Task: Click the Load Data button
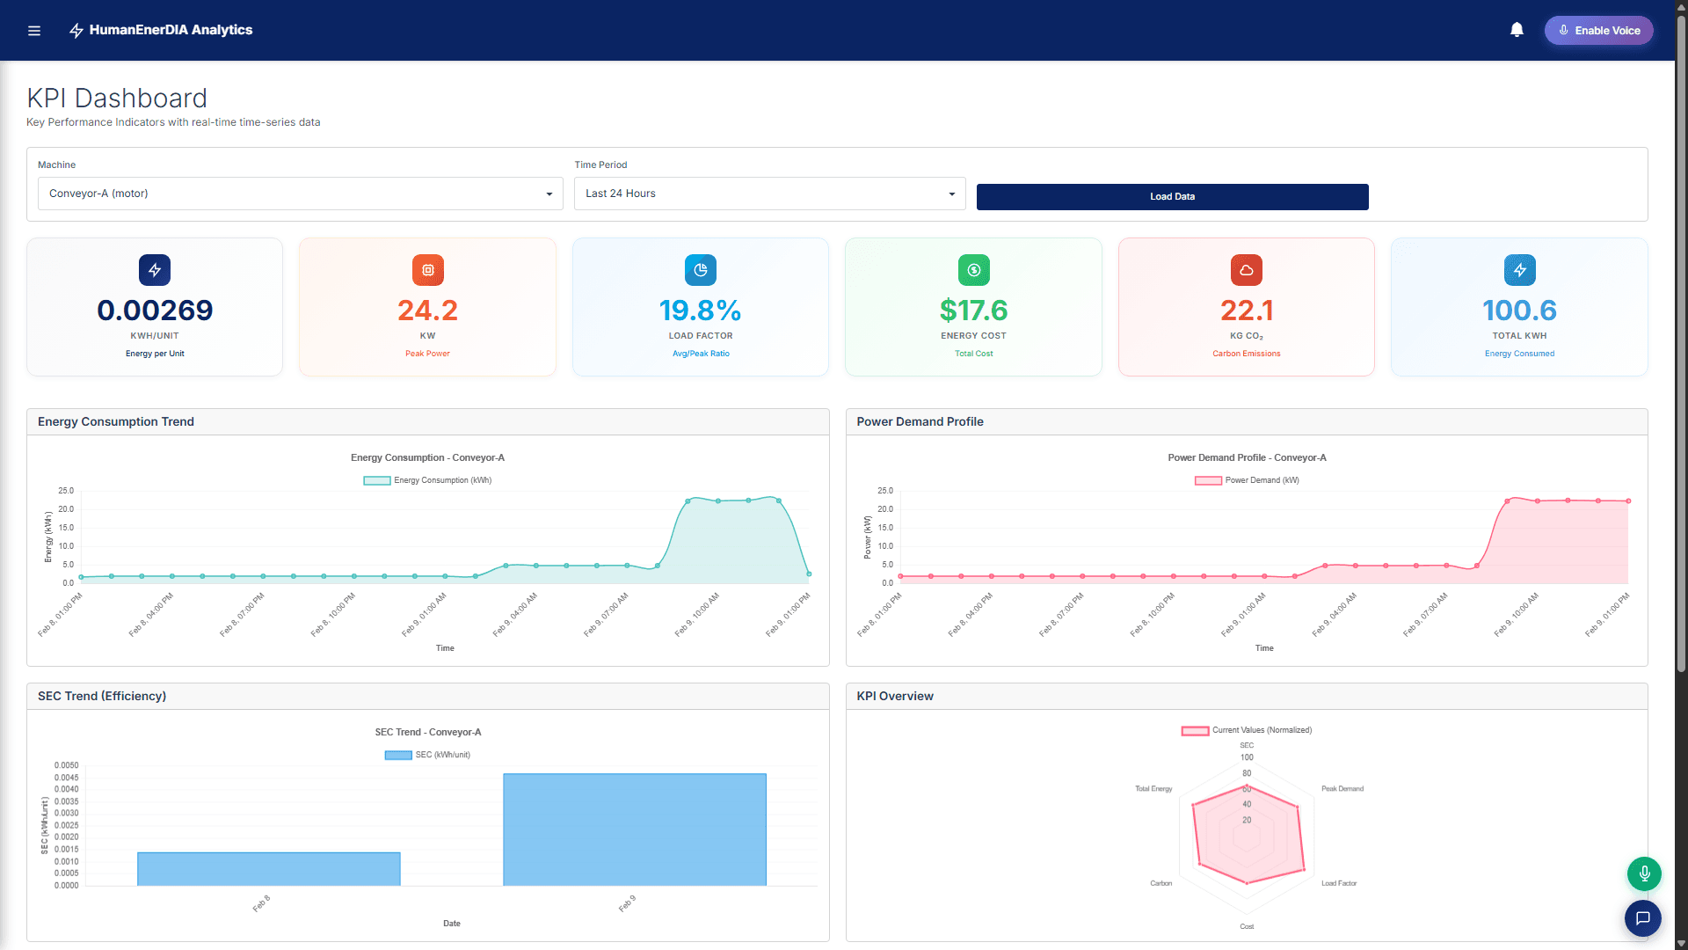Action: click(1172, 196)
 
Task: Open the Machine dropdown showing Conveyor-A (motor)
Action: click(300, 194)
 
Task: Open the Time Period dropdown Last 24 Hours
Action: click(769, 194)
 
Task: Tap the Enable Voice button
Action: click(1598, 30)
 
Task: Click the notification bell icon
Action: click(1517, 30)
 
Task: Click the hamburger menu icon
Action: click(34, 31)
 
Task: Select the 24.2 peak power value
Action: click(427, 311)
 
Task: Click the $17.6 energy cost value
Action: click(973, 311)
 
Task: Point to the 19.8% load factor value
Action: click(700, 311)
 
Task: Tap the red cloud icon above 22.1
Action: click(1246, 270)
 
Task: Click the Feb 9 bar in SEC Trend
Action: click(634, 829)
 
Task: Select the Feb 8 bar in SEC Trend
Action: click(268, 868)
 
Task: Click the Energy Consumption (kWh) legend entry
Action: click(428, 480)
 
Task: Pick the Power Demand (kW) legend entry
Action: click(1247, 480)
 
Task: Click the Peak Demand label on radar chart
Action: click(1342, 789)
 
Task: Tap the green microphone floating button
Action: click(1643, 873)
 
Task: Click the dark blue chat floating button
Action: click(1642, 918)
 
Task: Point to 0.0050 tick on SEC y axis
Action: click(66, 765)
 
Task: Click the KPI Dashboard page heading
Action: click(117, 99)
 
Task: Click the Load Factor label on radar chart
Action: click(1338, 883)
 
